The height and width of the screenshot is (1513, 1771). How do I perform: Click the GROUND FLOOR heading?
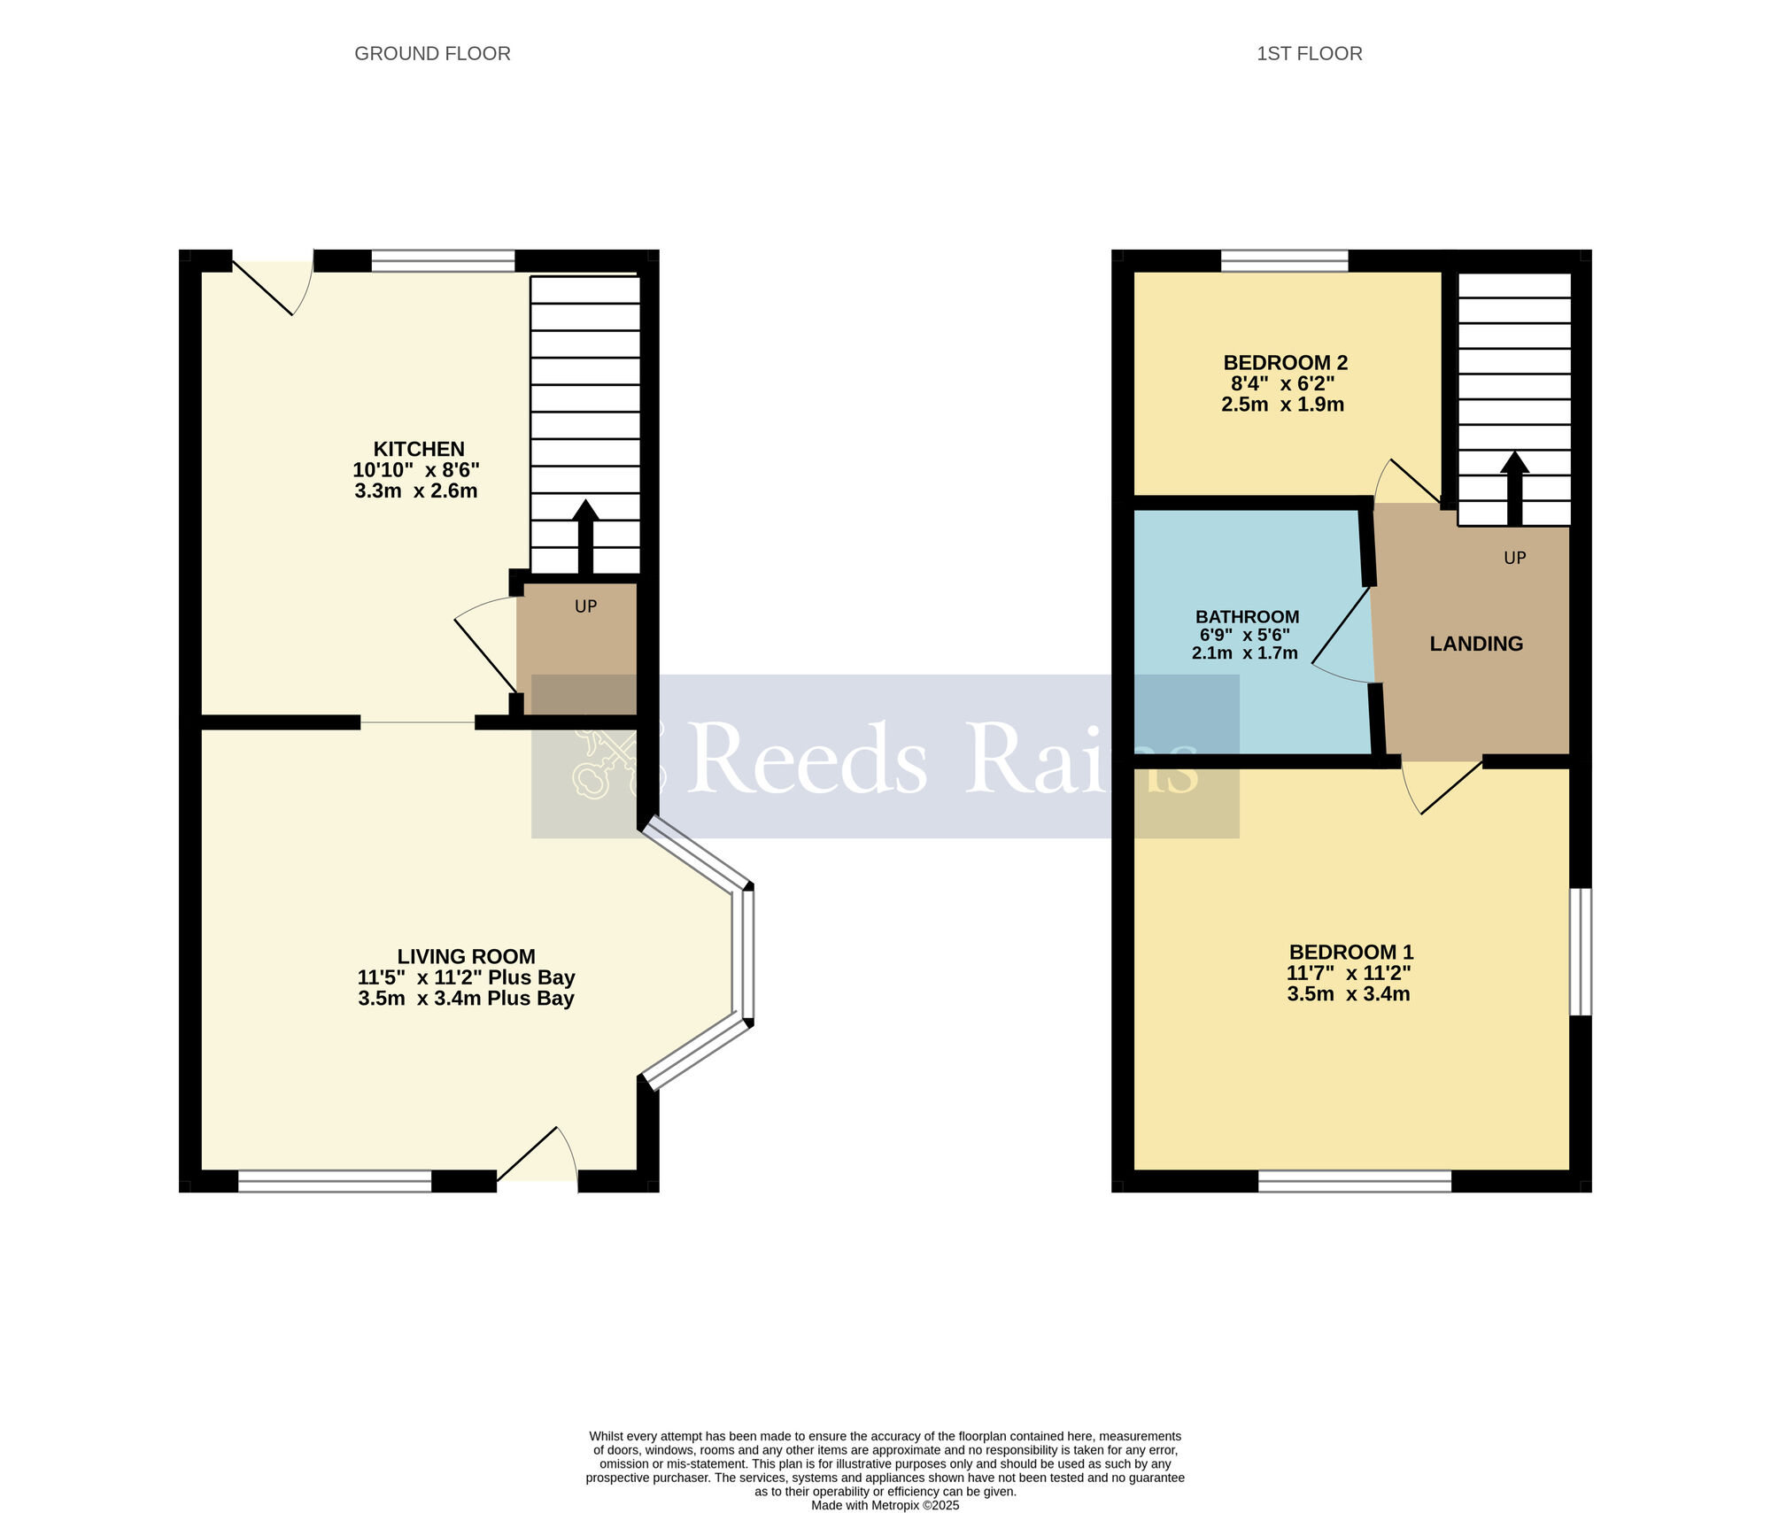coord(432,54)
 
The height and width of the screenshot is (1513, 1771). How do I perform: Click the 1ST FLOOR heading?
coord(1309,54)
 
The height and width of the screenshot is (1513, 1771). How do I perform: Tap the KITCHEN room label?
coord(418,449)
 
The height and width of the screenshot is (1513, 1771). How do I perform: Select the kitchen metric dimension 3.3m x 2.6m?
coord(416,491)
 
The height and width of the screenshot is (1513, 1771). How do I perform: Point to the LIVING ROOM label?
coord(466,956)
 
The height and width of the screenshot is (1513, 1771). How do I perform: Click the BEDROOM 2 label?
coord(1285,363)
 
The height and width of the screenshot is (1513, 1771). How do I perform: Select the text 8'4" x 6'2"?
coord(1283,384)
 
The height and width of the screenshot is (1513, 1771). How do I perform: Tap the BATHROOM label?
coord(1247,617)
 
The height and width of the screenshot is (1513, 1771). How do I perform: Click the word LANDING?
coord(1476,645)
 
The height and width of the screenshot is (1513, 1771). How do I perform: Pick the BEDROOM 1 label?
coord(1350,953)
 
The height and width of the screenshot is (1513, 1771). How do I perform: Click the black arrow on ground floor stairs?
coord(585,536)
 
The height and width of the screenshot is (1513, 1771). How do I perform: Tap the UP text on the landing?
coord(1514,559)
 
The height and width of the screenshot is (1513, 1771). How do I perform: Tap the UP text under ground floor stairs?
coord(585,607)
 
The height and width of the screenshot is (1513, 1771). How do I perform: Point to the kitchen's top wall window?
coord(443,260)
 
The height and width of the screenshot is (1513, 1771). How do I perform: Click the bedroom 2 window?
coord(1284,260)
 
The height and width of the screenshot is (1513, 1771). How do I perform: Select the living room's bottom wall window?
coord(335,1182)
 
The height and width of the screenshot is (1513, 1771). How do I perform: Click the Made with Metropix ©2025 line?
coord(885,1505)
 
